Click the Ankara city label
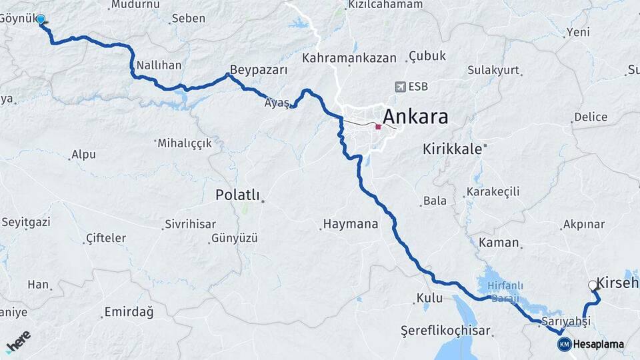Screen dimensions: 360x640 [415, 117]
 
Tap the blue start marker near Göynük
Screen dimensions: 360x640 [41, 19]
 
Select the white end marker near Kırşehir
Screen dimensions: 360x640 [593, 285]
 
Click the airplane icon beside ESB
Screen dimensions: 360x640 [400, 86]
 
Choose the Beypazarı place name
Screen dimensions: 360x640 [259, 70]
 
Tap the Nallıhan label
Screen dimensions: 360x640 [159, 65]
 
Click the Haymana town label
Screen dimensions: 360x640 [350, 224]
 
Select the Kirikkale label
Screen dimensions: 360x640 [451, 149]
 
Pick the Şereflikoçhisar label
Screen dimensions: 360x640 [445, 331]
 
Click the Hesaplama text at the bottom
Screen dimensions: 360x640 [599, 345]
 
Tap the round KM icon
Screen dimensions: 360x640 [564, 345]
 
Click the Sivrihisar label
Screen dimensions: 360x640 [190, 224]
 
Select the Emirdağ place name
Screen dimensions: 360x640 [129, 312]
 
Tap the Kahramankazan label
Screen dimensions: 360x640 [349, 59]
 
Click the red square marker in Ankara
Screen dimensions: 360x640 [378, 127]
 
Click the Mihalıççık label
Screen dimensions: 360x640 [184, 143]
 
